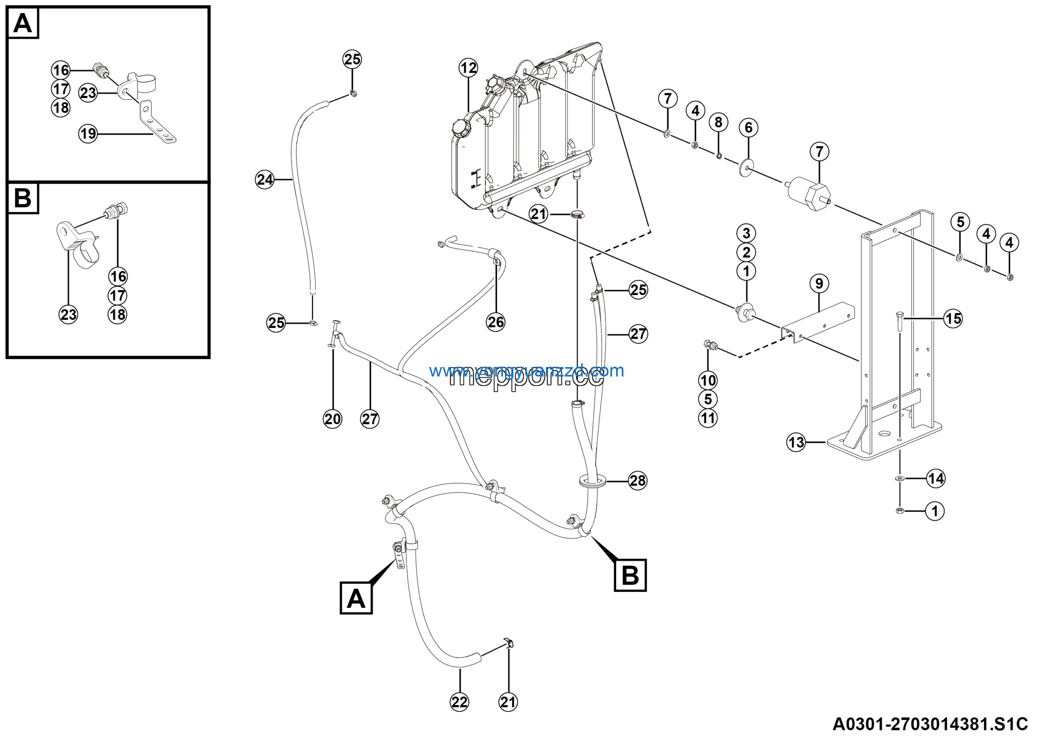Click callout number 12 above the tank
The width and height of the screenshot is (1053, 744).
pos(468,68)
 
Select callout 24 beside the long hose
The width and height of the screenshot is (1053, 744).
pos(264,179)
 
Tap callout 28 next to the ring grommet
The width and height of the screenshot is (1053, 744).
pos(638,481)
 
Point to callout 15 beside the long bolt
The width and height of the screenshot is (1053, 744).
pos(953,319)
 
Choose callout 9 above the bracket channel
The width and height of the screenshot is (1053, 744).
pos(819,284)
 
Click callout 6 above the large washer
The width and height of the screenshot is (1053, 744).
pos(749,128)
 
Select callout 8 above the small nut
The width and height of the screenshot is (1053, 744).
pos(718,122)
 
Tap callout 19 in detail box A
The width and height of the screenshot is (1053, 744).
pos(88,134)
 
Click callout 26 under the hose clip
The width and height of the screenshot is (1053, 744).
pos(496,322)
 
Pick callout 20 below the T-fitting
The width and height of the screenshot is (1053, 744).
pos(332,419)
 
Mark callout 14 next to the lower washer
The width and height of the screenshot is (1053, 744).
pos(936,479)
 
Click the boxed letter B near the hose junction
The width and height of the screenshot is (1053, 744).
pos(630,575)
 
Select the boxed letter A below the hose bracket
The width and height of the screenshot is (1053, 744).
pos(356,598)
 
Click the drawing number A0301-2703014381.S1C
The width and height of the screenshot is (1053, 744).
pos(930,725)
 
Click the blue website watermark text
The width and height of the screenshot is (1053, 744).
pos(526,370)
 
